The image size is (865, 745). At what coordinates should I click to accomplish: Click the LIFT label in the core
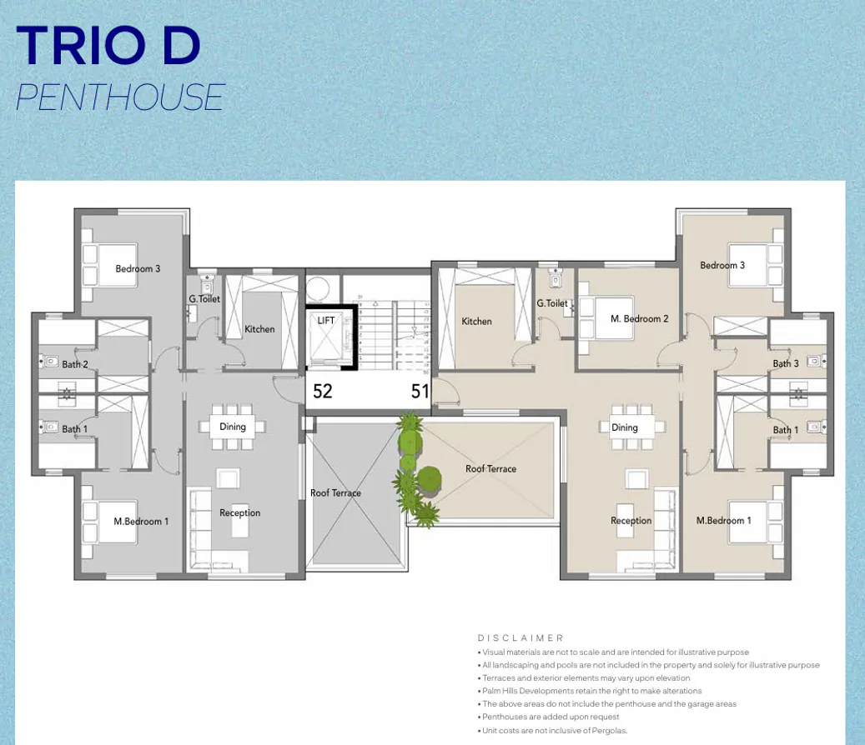click(325, 320)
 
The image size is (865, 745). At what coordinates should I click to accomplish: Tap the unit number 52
click(323, 391)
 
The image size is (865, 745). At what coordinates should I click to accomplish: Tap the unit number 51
click(420, 391)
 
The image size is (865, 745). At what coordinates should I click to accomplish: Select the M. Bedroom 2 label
click(639, 318)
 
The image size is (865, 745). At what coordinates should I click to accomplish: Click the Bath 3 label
click(785, 363)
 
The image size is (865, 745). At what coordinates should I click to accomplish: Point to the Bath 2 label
click(75, 364)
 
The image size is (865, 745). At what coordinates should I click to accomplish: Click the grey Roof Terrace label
click(335, 492)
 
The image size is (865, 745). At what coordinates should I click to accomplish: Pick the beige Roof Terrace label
click(490, 468)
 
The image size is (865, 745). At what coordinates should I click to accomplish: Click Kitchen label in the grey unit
click(259, 329)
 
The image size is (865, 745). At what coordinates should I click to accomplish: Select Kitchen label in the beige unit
click(476, 321)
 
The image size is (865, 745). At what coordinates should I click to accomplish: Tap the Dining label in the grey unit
click(233, 427)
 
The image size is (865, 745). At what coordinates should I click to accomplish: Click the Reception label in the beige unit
click(631, 520)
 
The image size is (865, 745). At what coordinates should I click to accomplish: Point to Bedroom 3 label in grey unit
click(138, 268)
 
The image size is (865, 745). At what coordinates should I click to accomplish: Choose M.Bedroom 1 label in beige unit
click(723, 520)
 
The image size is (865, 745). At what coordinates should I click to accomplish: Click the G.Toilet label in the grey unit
click(204, 298)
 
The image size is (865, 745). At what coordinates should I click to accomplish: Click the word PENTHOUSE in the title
click(120, 97)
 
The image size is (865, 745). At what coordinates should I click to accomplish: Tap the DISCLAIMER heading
click(521, 637)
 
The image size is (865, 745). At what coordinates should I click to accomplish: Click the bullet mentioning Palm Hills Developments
click(591, 691)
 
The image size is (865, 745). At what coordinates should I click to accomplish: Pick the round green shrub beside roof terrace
click(429, 478)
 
